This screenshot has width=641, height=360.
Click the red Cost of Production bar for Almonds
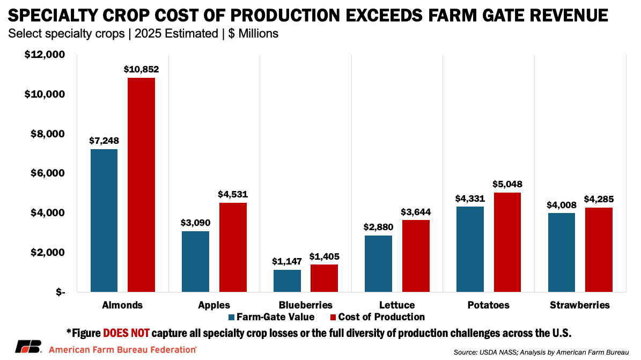[x=141, y=185]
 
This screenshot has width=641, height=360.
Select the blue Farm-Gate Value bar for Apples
[x=195, y=261]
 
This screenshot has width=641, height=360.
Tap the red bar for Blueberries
[x=324, y=278]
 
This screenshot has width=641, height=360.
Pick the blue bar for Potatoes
[x=469, y=249]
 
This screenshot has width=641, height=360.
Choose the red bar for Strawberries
[x=599, y=249]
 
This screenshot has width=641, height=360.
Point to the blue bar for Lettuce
[x=378, y=263]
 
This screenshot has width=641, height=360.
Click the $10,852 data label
[x=141, y=69]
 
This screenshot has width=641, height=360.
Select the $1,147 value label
[x=287, y=261]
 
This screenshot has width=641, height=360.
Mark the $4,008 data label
[x=562, y=204]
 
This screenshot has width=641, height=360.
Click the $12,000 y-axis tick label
[x=45, y=55]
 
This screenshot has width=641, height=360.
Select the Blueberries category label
[x=306, y=305]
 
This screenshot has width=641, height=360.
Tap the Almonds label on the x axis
[x=123, y=305]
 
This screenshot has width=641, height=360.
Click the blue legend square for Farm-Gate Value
[x=232, y=317]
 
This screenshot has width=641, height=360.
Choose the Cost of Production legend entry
[x=381, y=317]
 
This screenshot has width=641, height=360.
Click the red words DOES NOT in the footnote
[x=126, y=333]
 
